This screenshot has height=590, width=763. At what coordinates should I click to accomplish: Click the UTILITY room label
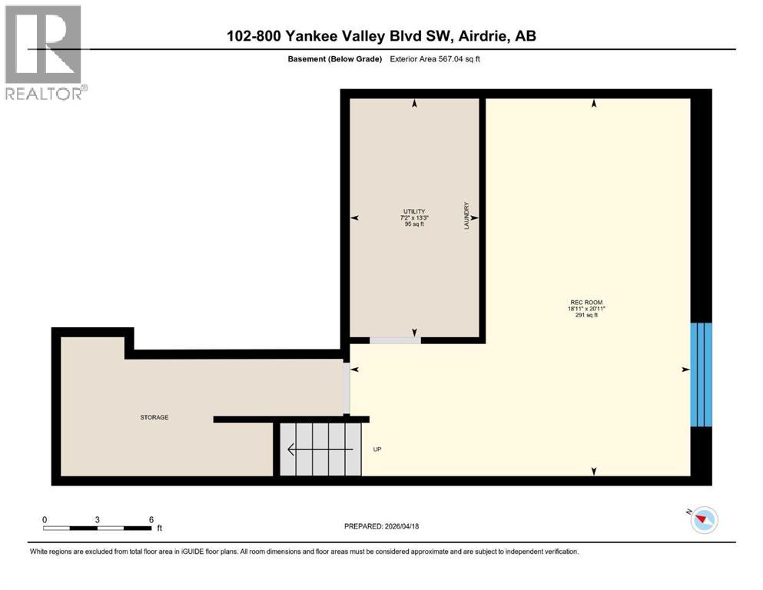[x=414, y=211]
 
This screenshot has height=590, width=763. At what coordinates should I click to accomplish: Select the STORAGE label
[x=154, y=417]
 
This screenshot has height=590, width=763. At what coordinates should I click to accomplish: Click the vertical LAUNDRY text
[x=466, y=217]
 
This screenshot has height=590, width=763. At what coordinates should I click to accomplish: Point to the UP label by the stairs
[x=377, y=449]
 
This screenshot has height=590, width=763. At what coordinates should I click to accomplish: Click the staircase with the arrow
[x=319, y=448]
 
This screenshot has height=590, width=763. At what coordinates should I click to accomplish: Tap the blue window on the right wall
[x=702, y=373]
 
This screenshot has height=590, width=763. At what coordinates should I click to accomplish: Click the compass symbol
[x=702, y=520]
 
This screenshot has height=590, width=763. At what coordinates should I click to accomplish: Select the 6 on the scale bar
[x=151, y=519]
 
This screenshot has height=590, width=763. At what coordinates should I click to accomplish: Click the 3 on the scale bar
[x=98, y=519]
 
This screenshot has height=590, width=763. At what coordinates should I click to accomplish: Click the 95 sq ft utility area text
[x=414, y=225]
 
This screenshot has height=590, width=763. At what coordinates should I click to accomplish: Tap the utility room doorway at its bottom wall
[x=394, y=340]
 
